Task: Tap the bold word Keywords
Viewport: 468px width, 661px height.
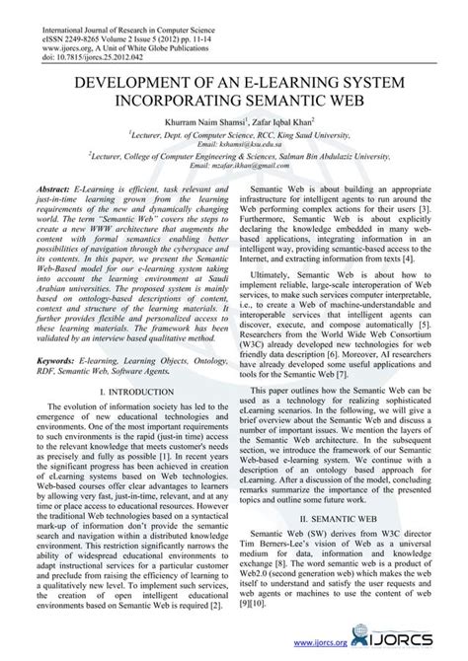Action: click(x=54, y=347)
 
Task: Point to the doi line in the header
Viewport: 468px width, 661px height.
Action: click(x=74, y=36)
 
